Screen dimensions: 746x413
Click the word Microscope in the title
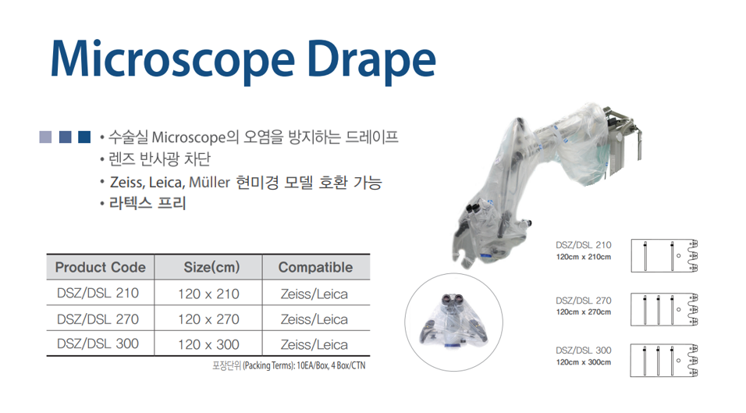[172, 59]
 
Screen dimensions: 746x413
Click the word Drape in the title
[371, 59]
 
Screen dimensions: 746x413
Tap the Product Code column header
[101, 268]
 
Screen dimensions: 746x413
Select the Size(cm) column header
[211, 268]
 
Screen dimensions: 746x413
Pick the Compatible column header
[315, 268]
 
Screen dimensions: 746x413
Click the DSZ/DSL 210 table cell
[98, 293]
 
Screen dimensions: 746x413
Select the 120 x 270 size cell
[208, 319]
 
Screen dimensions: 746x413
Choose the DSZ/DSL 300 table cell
[98, 344]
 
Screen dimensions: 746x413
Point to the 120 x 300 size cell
[208, 344]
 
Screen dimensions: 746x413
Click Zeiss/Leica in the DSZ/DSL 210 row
[314, 294]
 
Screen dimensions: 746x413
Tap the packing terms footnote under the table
[289, 365]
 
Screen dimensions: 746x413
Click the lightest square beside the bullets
[45, 137]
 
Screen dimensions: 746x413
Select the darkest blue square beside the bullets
[84, 137]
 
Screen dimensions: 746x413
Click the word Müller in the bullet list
[209, 182]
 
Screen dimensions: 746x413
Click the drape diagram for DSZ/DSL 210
[664, 256]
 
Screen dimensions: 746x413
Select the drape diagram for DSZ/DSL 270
[664, 310]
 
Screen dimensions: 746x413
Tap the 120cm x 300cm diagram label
[583, 362]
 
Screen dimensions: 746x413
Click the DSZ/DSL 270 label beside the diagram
[583, 301]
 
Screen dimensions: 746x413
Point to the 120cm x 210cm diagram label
[583, 257]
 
